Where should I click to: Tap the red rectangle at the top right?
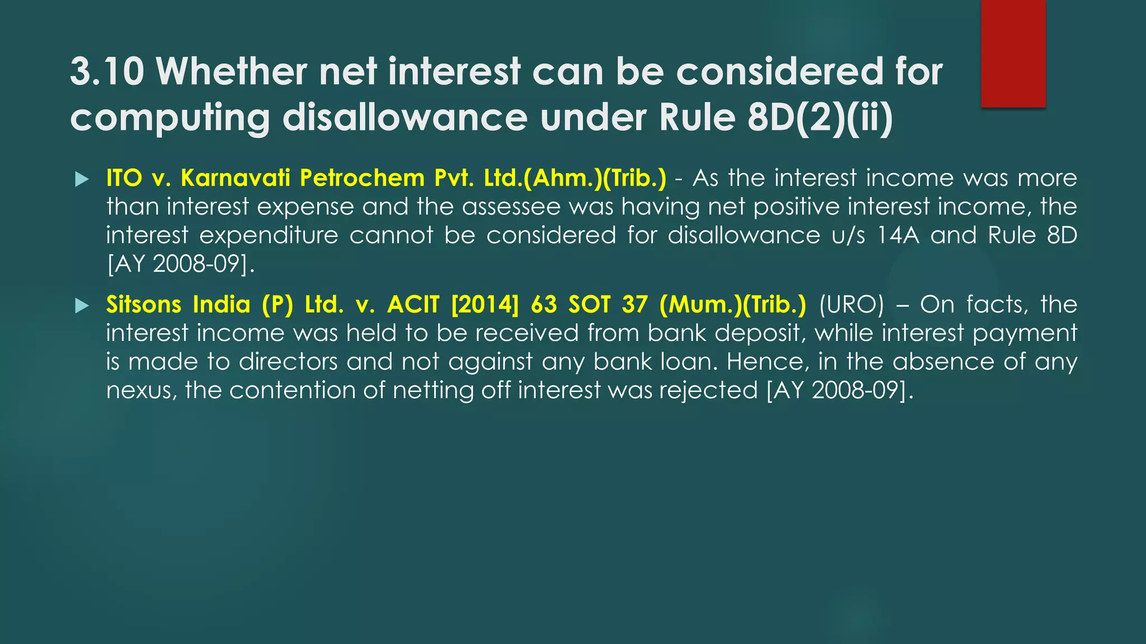click(1013, 53)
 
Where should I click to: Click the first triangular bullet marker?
click(82, 179)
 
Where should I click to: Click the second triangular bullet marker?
click(82, 306)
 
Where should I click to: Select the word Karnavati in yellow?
click(235, 178)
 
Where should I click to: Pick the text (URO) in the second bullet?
click(851, 305)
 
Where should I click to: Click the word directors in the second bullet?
click(288, 362)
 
